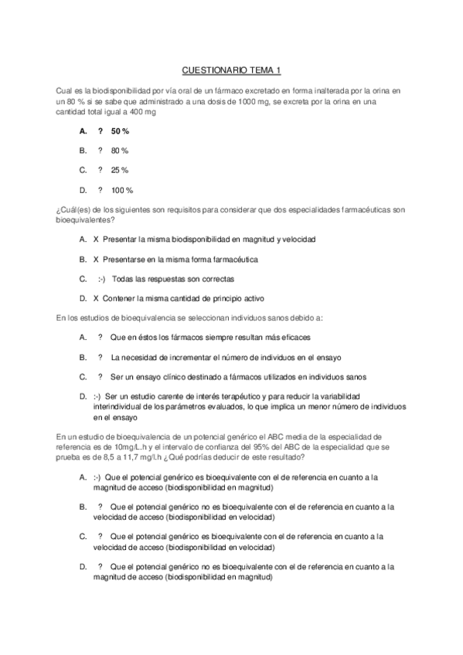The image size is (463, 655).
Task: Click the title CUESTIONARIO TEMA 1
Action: (x=231, y=70)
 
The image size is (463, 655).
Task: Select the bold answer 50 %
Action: (x=120, y=131)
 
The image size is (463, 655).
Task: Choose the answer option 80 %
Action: (x=119, y=151)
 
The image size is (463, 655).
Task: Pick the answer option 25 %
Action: (x=119, y=170)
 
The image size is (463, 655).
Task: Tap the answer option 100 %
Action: (x=122, y=190)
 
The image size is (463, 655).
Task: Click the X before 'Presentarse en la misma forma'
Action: (x=95, y=259)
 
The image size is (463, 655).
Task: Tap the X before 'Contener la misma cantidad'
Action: (x=95, y=297)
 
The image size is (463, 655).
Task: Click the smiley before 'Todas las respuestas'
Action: (x=101, y=278)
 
